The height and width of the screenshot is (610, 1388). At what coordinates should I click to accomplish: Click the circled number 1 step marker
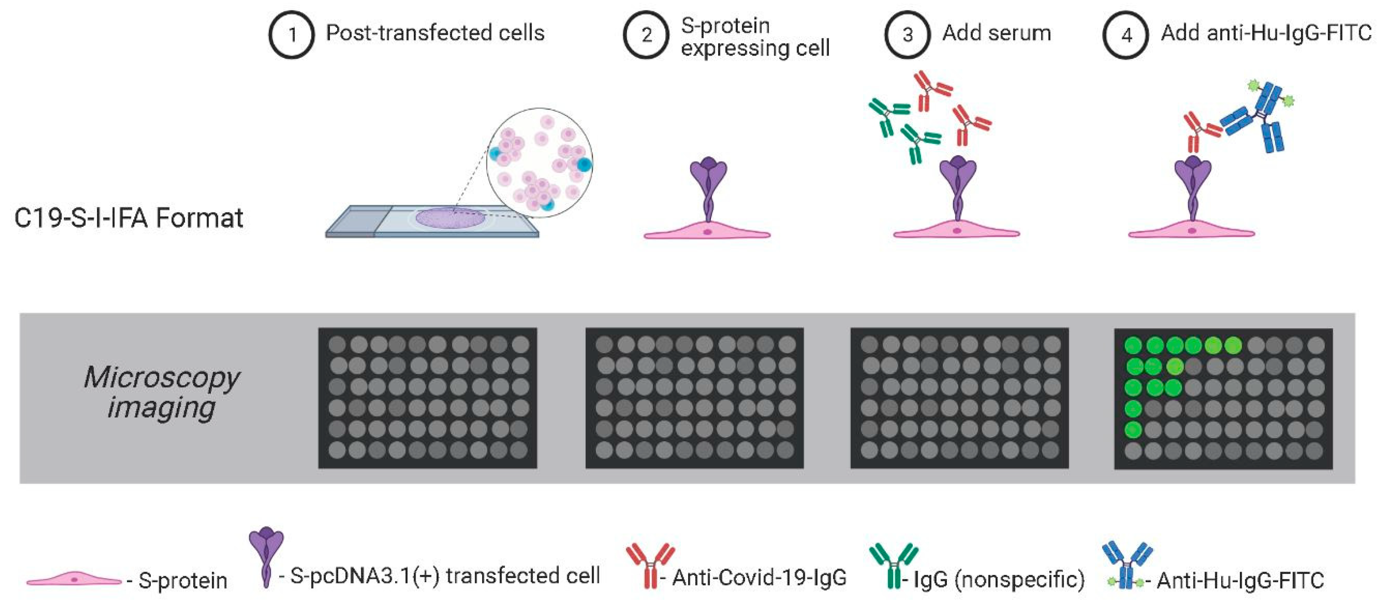[291, 35]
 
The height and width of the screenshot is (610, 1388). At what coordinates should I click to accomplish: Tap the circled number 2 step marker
[646, 35]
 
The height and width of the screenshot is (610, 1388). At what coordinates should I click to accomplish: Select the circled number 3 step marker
[907, 35]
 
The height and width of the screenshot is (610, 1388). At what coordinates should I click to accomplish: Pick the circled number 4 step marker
[1126, 35]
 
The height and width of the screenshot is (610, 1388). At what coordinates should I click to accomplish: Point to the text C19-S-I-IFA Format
[128, 218]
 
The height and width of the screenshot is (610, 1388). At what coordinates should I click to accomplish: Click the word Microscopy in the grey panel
[162, 377]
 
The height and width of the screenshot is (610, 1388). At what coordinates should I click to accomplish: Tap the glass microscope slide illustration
[431, 222]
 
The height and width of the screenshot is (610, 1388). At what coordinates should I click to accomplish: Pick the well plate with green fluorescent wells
[1223, 398]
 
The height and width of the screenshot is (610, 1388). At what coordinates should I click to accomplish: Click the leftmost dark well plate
[427, 398]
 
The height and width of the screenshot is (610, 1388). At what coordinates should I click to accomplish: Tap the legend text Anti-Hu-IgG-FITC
[1240, 580]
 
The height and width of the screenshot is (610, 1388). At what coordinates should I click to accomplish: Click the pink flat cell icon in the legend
[74, 579]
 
